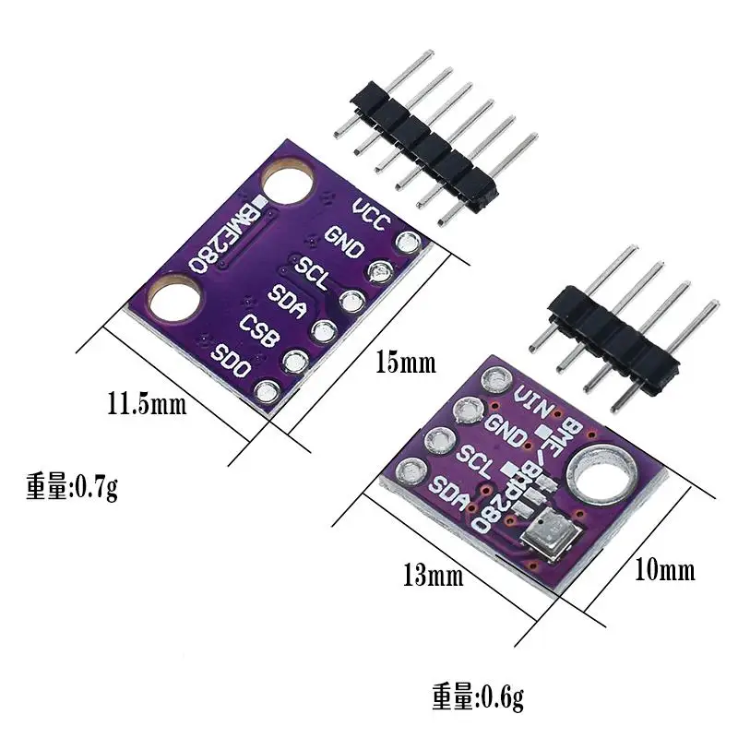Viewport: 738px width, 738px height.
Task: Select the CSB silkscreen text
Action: coord(259,328)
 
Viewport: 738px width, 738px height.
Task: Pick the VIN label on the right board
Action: coord(533,403)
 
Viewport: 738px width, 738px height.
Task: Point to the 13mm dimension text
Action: coord(432,577)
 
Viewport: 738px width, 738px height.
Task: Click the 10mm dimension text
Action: coord(665,570)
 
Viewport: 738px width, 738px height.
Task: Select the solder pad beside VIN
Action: coord(499,378)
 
